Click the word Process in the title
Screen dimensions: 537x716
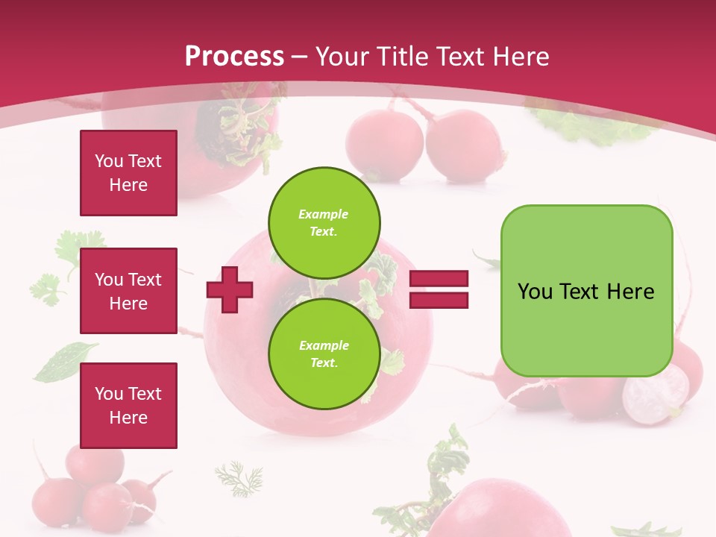[234, 57]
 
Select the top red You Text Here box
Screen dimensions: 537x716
[128, 173]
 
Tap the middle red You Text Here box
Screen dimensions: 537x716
[128, 291]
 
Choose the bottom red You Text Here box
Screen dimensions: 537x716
[128, 405]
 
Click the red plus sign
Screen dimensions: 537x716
[230, 289]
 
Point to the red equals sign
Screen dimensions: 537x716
[439, 289]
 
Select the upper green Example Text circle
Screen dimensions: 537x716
[324, 222]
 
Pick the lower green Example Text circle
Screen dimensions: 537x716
[324, 354]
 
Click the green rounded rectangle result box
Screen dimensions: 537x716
[586, 290]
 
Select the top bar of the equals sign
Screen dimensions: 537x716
[439, 279]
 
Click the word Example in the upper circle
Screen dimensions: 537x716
[324, 214]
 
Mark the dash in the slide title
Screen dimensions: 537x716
[300, 57]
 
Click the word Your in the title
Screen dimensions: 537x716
[343, 57]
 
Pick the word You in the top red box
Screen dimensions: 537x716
[109, 161]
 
